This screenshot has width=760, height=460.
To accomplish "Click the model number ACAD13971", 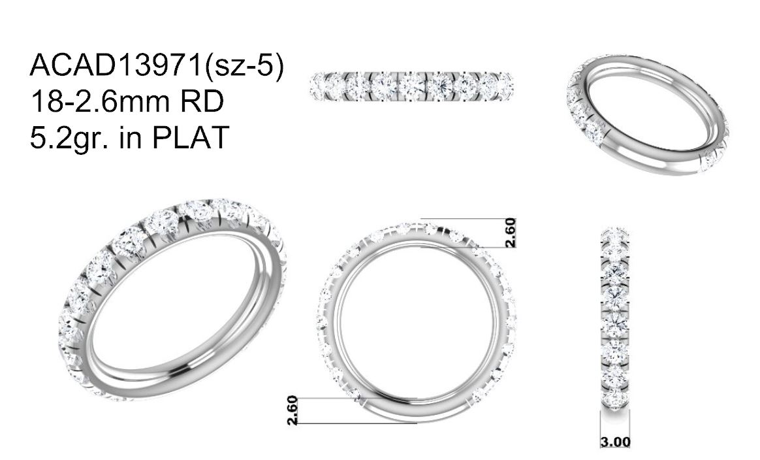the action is click(x=116, y=65).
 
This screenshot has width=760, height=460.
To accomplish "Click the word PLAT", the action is click(x=189, y=138).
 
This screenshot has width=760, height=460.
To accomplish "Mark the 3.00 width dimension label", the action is click(x=616, y=442).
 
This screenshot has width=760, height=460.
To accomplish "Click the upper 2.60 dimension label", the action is click(x=511, y=233).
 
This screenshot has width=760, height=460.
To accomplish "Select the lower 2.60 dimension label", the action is click(x=292, y=410).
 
